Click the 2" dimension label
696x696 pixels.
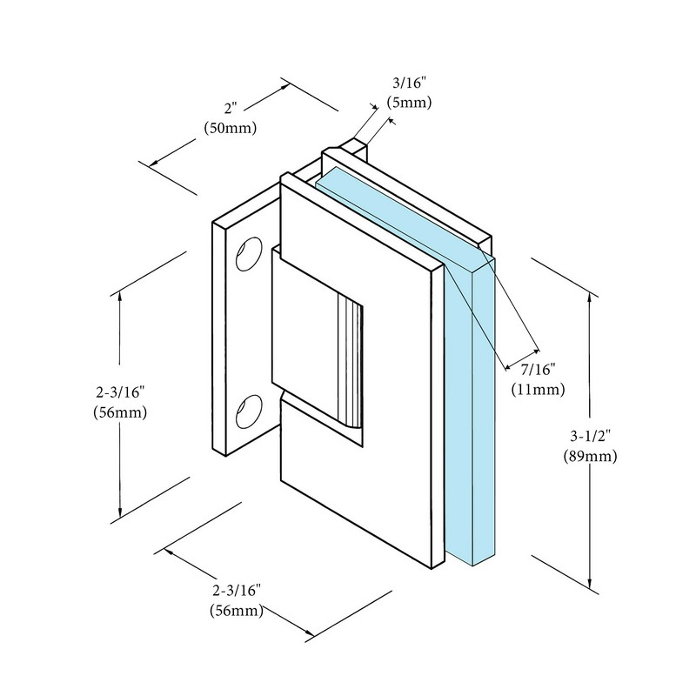coord(231,108)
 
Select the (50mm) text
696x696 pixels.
coord(231,128)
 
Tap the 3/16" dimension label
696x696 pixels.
coord(409,83)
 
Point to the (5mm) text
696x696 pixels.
coord(409,103)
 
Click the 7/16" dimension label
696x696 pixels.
coord(539,369)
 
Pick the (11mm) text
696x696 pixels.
coord(538,390)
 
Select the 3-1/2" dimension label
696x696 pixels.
coord(591,437)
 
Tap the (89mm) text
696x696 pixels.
coord(591,456)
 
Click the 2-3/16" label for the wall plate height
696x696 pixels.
coord(120,392)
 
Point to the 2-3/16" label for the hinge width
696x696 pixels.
coord(237,591)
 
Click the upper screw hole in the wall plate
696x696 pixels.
coord(249,253)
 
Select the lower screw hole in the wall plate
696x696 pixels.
coord(249,412)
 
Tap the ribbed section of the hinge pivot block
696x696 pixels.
coord(351,360)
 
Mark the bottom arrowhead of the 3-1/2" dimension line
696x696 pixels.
coord(590,583)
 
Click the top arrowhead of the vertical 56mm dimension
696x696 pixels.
coord(119,298)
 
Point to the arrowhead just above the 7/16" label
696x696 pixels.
coord(536,352)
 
